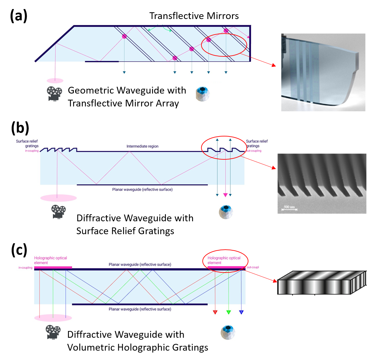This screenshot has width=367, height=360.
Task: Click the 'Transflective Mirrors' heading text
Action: coord(194,16)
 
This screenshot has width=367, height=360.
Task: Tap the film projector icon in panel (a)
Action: coord(54,94)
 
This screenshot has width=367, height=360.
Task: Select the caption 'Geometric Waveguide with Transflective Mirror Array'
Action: coord(127,97)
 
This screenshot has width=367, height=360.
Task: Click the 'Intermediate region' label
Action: coord(142,146)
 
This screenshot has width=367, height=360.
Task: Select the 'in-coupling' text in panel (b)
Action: coord(25,151)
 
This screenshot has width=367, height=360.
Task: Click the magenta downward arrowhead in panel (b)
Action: coord(225,195)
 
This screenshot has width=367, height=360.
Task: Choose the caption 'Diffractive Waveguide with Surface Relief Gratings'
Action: coord(135,224)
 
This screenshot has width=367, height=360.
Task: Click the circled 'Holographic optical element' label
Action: coord(224,260)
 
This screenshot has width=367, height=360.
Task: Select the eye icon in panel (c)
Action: coord(227,332)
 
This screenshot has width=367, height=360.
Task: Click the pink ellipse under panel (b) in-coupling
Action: coord(58,198)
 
